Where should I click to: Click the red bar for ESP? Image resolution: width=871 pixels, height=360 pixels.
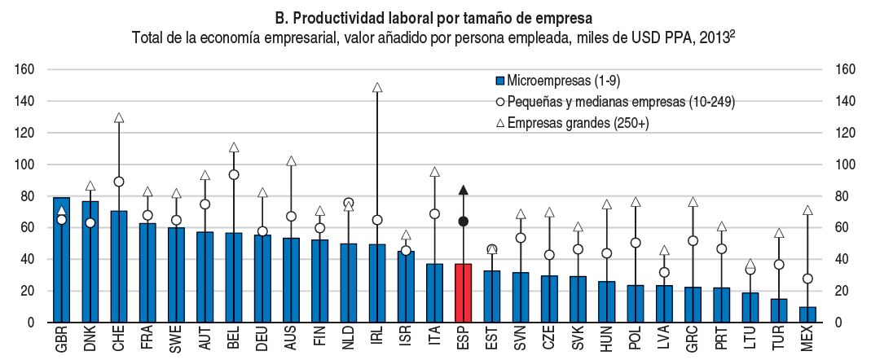tap(463, 293)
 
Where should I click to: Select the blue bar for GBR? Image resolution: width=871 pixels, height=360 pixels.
tap(61, 260)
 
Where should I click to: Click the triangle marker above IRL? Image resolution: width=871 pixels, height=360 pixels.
tap(377, 87)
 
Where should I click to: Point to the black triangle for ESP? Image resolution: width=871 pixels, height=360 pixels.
tap(463, 190)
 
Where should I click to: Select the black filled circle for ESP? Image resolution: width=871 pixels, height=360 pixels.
tap(463, 222)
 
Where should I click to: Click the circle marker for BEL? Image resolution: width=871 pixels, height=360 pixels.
tap(234, 174)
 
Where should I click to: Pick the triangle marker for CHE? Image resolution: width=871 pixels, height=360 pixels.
tap(119, 118)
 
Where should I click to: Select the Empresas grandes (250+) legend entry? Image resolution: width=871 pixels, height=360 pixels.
tap(576, 122)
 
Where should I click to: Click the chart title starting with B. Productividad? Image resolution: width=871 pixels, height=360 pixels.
tap(434, 16)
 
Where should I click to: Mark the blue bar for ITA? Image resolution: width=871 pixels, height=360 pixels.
tap(434, 293)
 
